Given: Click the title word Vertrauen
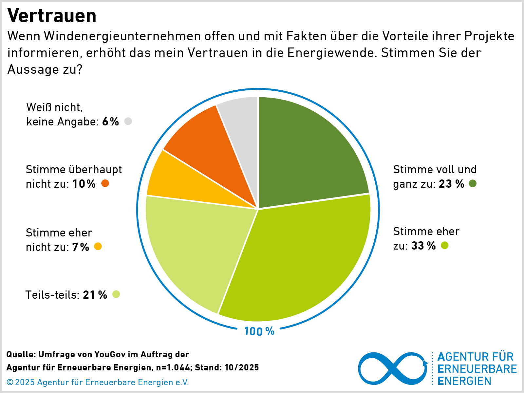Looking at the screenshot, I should tap(52, 16).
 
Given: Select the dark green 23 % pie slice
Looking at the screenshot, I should tap(308, 154).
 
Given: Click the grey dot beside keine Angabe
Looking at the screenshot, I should tap(128, 121).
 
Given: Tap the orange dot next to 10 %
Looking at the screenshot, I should tap(105, 183).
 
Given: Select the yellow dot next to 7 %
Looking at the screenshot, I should tap(98, 246).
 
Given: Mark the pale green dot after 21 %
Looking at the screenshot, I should tap(116, 294).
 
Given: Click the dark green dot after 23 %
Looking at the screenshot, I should tap(473, 183).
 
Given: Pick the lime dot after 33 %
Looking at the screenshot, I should tap(444, 245).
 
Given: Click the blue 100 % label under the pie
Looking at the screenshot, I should tap(259, 331).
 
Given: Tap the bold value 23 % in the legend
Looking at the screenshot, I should tap(451, 184).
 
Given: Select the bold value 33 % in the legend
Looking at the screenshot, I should tap(423, 246).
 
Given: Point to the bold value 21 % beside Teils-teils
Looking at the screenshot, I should tap(95, 295).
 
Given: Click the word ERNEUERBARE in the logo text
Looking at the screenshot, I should tap(477, 369).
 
